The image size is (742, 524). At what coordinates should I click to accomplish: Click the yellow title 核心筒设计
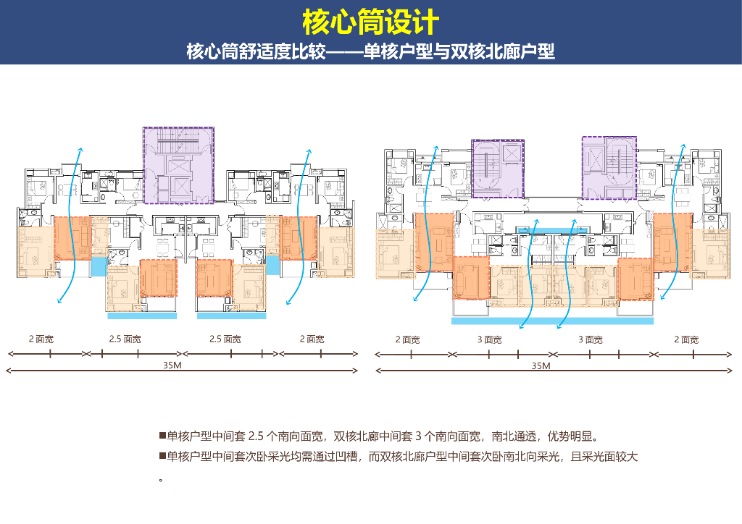click(370, 22)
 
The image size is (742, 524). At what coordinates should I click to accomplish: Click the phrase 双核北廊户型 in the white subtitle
click(502, 52)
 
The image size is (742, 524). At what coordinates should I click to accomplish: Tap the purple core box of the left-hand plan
click(178, 165)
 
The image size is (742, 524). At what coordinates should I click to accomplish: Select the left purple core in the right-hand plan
click(498, 169)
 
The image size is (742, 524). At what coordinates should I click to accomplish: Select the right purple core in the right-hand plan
click(609, 167)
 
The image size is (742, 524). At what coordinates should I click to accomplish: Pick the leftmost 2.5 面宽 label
click(124, 339)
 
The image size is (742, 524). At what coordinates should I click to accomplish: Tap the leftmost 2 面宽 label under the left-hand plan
click(41, 339)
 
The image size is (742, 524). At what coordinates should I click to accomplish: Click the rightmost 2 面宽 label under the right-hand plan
click(685, 339)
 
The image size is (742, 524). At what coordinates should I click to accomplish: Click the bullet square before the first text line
click(162, 436)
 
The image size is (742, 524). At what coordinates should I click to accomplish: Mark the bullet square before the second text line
click(162, 457)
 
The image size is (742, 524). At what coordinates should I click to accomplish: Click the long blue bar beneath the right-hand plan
click(553, 320)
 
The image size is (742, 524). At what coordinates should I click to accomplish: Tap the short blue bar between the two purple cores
click(553, 230)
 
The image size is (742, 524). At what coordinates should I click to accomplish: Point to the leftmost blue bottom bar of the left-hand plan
click(142, 316)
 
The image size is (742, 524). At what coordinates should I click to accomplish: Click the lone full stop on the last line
click(160, 479)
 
